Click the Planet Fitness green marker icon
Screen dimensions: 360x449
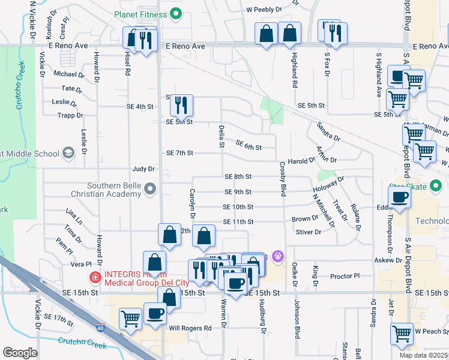pyautogui.click(x=176, y=13)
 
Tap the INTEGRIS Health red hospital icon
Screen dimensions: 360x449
pyautogui.click(x=95, y=277)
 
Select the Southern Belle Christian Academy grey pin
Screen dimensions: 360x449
pyautogui.click(x=150, y=190)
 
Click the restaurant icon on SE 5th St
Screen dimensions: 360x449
pyautogui.click(x=180, y=106)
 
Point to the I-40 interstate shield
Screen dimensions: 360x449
pyautogui.click(x=100, y=328)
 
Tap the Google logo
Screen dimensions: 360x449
pyautogui.click(x=20, y=353)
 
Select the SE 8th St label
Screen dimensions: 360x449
pyautogui.click(x=238, y=177)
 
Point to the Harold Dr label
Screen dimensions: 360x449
pyautogui.click(x=301, y=161)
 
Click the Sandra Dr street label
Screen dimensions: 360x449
pyautogui.click(x=328, y=133)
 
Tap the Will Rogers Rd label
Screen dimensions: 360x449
pyautogui.click(x=190, y=328)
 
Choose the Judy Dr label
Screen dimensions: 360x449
pyautogui.click(x=143, y=169)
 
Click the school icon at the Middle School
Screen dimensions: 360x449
pyautogui.click(x=68, y=154)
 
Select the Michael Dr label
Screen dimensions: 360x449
pyautogui.click(x=69, y=74)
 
